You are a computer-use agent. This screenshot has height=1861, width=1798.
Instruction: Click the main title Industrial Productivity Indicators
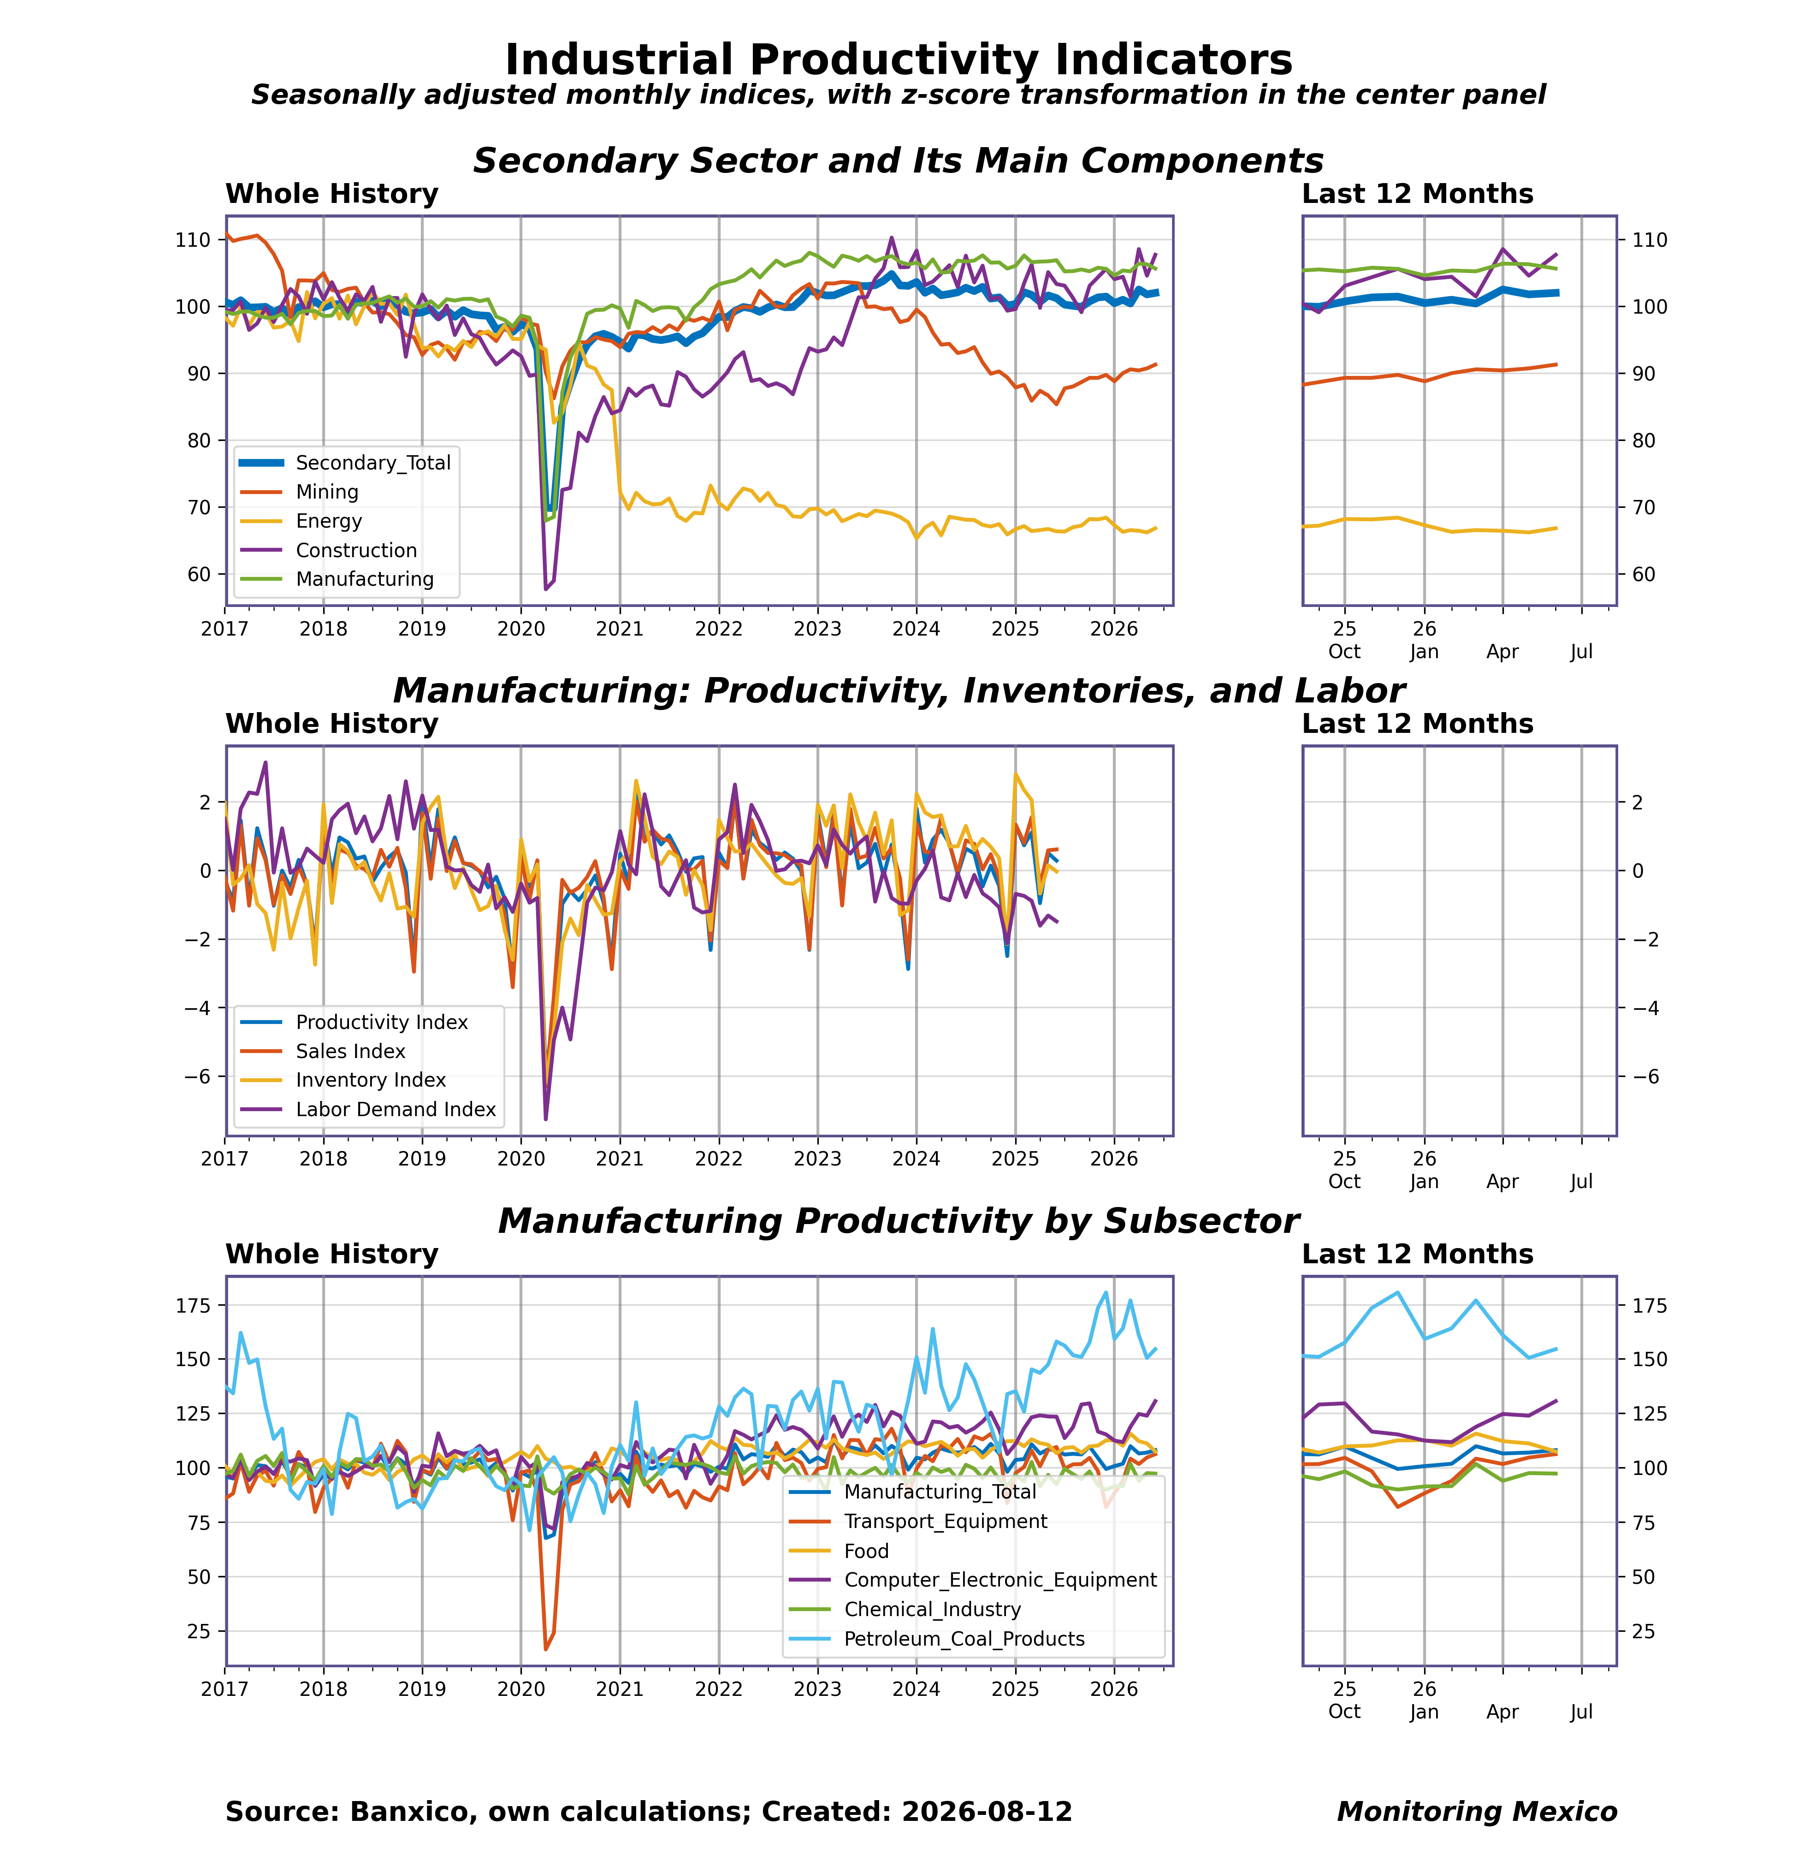coord(898,60)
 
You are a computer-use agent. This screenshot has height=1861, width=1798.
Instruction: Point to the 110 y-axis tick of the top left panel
coord(192,240)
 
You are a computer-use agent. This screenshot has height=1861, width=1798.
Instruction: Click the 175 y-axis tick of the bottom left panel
coord(192,1306)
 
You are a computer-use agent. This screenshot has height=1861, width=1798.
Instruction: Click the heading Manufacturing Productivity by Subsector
coord(898,1221)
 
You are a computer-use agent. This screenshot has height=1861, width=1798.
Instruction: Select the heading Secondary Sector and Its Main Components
coord(898,161)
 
